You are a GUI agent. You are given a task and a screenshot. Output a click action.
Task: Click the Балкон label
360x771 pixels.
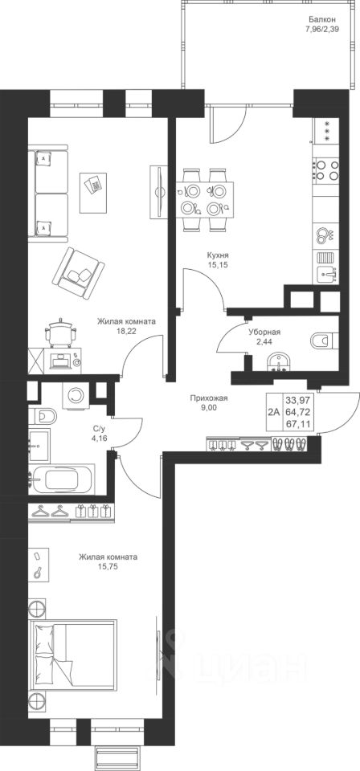[322, 19]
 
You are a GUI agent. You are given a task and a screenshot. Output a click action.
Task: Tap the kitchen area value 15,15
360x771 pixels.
[218, 264]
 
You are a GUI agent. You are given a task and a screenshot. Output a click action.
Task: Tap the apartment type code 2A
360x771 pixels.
[274, 412]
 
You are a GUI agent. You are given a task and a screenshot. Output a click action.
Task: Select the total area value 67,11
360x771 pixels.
[298, 423]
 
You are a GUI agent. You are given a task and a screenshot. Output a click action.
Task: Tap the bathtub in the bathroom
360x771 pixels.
[62, 479]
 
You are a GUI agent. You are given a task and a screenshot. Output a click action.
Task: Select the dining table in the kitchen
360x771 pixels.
[205, 199]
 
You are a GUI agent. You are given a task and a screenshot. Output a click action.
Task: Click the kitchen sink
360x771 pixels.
[326, 273]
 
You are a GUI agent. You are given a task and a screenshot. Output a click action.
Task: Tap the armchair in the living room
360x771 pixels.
[78, 273]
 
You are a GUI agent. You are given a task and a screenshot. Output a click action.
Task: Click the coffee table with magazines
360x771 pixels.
[93, 192]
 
